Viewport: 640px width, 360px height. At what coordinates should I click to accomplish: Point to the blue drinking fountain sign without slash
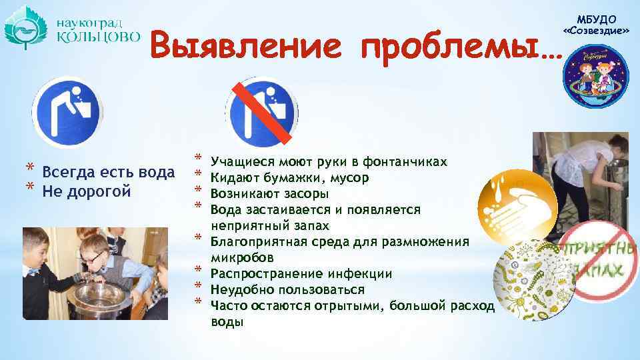pos(67,111)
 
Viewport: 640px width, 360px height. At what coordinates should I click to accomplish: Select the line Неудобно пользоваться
pos(287,290)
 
